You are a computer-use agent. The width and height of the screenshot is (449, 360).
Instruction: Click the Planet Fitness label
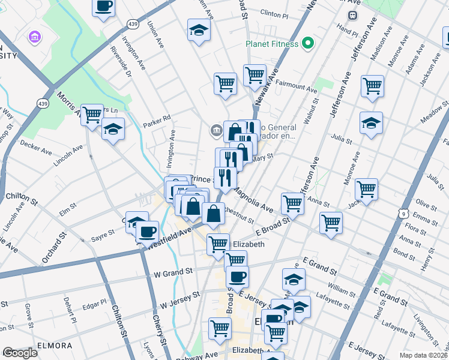click(272, 44)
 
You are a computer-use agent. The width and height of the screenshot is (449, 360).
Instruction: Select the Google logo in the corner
click(20, 353)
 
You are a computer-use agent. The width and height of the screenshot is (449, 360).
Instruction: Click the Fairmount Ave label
click(297, 88)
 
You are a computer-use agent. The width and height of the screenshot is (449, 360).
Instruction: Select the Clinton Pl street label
click(275, 13)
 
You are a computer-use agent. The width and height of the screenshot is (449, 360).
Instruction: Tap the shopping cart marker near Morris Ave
click(91, 114)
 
